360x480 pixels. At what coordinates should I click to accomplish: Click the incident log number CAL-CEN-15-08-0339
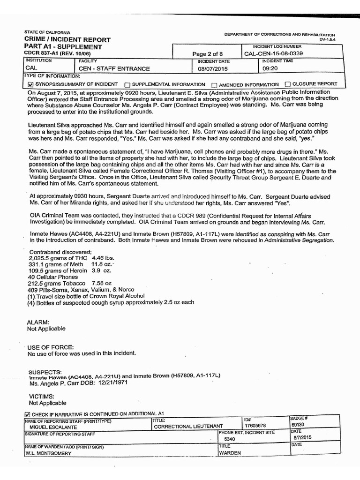[274, 54]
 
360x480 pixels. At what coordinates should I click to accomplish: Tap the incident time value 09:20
[270, 68]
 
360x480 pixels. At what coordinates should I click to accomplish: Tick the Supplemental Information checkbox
[127, 85]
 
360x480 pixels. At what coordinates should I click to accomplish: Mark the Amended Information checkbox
[214, 85]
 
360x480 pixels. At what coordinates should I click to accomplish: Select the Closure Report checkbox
[287, 84]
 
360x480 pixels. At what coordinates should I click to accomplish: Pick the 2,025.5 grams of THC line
[71, 258]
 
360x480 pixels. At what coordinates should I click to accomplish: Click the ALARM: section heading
[38, 322]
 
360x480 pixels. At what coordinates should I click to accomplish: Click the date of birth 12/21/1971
[112, 382]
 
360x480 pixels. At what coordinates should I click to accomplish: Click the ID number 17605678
[255, 426]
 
